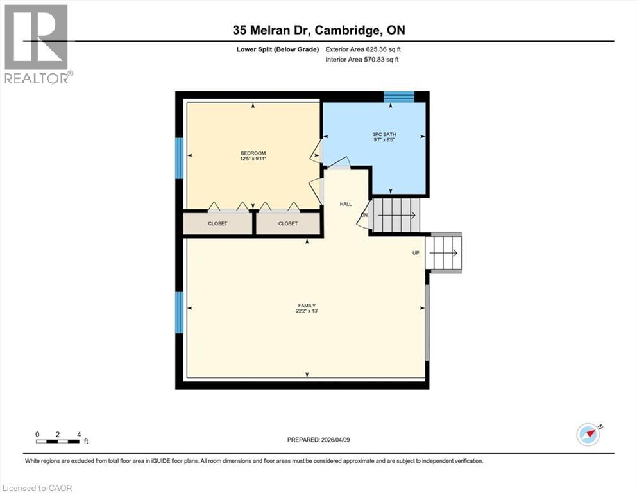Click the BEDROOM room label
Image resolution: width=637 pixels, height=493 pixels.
pyautogui.click(x=253, y=153)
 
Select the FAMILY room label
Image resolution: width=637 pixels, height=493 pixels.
pyautogui.click(x=306, y=306)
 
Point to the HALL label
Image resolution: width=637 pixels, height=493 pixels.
pyautogui.click(x=346, y=203)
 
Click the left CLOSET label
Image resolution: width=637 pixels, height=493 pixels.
pyautogui.click(x=217, y=224)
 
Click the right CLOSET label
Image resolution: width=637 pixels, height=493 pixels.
pyautogui.click(x=288, y=224)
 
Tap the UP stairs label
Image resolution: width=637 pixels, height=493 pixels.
pyautogui.click(x=416, y=253)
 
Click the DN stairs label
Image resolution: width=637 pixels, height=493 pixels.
pyautogui.click(x=364, y=216)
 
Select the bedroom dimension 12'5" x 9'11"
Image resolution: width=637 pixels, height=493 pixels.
pyautogui.click(x=253, y=159)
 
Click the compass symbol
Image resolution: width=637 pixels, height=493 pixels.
pyautogui.click(x=588, y=435)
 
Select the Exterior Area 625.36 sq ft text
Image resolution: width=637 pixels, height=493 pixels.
pyautogui.click(x=364, y=49)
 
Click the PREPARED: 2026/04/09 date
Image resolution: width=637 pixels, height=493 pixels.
pyautogui.click(x=319, y=440)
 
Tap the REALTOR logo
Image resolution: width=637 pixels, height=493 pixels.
pyautogui.click(x=37, y=43)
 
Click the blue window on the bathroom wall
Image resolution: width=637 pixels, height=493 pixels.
pyautogui.click(x=399, y=97)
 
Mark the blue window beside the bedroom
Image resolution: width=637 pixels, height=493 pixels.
pyautogui.click(x=180, y=158)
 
